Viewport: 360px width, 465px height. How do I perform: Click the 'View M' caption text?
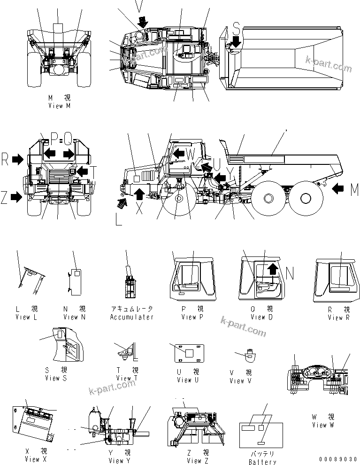click(59, 106)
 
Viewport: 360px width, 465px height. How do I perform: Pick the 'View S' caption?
click(56, 378)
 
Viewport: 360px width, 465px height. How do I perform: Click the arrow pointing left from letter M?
click(339, 189)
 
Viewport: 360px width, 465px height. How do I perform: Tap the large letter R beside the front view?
click(5, 160)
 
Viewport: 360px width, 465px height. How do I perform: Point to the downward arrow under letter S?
click(236, 42)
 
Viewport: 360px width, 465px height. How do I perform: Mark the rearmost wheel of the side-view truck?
click(301, 198)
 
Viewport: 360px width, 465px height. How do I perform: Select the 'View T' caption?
click(127, 378)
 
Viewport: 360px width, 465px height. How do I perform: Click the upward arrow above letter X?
click(139, 193)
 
